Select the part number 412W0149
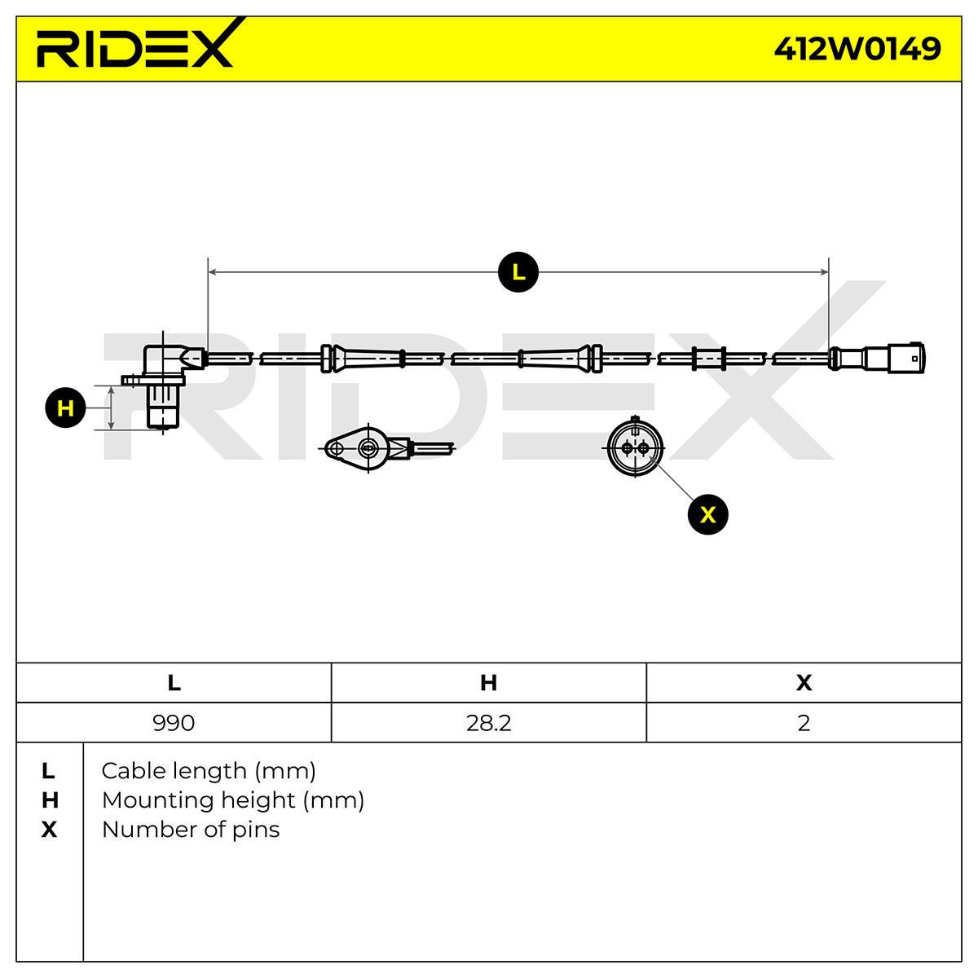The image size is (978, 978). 857,49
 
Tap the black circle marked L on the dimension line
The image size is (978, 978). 518,272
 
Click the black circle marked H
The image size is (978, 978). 65,407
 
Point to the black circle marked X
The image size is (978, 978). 707,514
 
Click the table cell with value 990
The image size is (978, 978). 174,723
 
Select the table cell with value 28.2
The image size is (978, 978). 489,723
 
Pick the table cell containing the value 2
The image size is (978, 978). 804,723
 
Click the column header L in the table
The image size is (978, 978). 174,683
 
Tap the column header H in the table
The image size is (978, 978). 489,683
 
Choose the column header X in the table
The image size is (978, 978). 804,683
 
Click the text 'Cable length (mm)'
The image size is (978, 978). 209,772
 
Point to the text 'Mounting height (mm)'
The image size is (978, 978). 233,801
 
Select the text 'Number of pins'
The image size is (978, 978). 191,830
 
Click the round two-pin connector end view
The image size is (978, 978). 635,447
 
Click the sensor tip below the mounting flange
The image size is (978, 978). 162,407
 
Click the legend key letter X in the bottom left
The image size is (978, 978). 49,830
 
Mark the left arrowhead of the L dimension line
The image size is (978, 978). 212,272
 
